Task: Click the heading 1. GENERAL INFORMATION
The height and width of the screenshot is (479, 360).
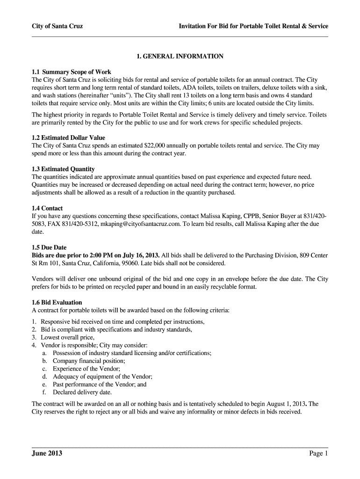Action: click(180, 56)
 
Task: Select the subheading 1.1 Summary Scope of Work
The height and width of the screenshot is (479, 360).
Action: click(71, 72)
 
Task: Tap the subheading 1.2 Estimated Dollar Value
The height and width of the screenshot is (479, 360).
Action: click(68, 138)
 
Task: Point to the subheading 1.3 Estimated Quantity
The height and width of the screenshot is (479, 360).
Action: click(63, 169)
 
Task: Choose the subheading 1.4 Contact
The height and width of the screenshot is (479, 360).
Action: click(47, 208)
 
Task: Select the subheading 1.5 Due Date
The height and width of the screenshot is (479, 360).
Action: click(49, 247)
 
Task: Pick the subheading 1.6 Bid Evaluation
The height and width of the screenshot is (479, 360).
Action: click(57, 302)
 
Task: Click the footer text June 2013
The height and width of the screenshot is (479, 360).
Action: click(47, 453)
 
